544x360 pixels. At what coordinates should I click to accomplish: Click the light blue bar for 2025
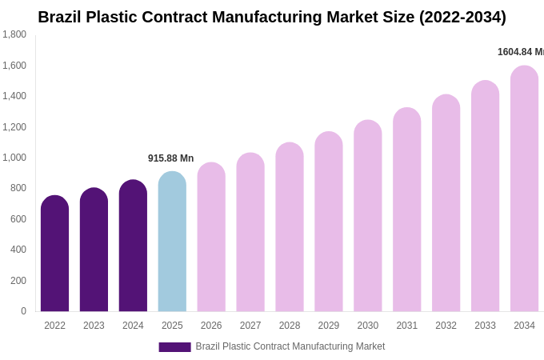[x=172, y=242]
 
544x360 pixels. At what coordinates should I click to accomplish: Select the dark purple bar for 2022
[x=54, y=254]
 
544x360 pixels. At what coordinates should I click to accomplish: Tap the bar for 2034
[x=524, y=189]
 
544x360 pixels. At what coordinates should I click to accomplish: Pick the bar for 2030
[x=368, y=216]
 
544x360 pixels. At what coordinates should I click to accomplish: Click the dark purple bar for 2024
[x=133, y=246]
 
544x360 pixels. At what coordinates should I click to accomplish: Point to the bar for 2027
[x=250, y=232]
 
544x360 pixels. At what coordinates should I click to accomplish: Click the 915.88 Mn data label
[x=170, y=158]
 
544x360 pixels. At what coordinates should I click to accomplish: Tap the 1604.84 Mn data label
[x=520, y=52]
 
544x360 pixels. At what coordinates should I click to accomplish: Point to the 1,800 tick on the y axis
[x=14, y=34]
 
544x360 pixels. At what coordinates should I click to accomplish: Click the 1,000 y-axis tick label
[x=14, y=158]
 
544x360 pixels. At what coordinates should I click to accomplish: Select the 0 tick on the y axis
[x=23, y=311]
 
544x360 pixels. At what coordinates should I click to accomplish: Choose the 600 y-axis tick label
[x=18, y=219]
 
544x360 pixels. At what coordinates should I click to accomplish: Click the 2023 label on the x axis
[x=94, y=326]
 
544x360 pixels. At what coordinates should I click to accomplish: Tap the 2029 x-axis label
[x=329, y=326]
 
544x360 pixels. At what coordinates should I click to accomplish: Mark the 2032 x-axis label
[x=446, y=326]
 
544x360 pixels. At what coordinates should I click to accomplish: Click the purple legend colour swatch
[x=174, y=347]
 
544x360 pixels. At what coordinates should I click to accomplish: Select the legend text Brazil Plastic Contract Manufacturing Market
[x=290, y=346]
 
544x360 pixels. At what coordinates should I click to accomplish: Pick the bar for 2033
[x=485, y=196]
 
